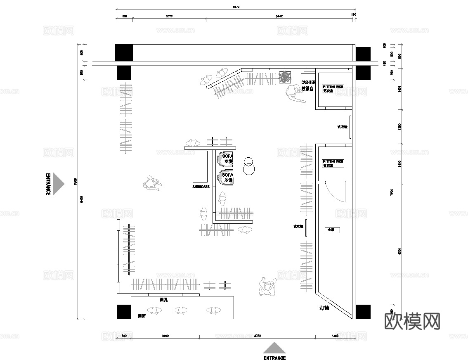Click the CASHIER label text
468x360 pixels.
click(308, 83)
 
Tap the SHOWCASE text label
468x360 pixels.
click(201, 187)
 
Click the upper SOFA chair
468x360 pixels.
click(225, 159)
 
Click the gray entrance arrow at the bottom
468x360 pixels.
click(274, 348)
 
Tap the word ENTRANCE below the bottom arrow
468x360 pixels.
click(274, 358)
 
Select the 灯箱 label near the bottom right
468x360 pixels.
click(324, 308)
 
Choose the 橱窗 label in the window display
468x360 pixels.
click(142, 315)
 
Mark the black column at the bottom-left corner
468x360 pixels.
click(124, 312)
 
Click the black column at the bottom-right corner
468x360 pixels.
click(363, 312)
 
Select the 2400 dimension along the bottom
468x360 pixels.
click(165, 336)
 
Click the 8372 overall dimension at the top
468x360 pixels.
click(236, 7)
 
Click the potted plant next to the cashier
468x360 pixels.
click(284, 77)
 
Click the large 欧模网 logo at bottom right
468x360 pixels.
click(412, 321)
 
